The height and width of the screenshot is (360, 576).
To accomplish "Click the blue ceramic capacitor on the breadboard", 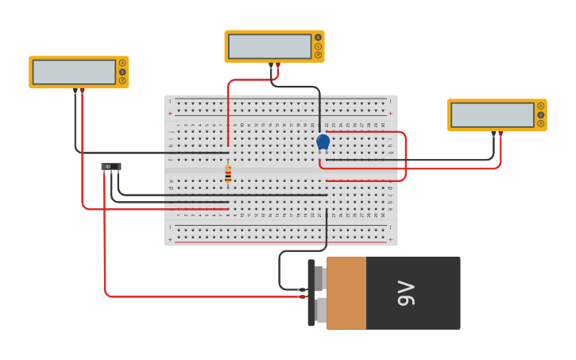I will click(323, 141).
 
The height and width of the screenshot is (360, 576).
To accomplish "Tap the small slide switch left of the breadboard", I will click(111, 166).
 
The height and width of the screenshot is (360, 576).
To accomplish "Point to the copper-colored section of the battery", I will click(346, 292).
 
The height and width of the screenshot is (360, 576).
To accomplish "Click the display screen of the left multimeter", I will click(74, 72).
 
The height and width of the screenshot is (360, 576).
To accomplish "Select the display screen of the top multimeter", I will click(269, 46).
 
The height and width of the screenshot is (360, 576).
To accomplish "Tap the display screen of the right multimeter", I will click(492, 114).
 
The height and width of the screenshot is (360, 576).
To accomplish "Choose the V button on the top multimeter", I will click(318, 46).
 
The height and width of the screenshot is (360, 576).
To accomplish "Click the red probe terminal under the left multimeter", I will click(82, 91).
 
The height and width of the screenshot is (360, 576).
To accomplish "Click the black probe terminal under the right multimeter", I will click(493, 134).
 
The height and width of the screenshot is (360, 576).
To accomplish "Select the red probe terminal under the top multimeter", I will click(277, 65).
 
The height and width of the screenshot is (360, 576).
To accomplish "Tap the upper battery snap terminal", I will click(319, 278).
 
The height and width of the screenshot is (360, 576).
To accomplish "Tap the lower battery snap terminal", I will click(319, 309).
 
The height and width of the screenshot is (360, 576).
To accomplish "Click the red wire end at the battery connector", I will click(303, 296).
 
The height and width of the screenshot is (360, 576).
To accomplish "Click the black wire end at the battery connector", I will click(303, 289).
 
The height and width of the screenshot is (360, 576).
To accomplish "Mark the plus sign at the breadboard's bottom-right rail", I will click(390, 239).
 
